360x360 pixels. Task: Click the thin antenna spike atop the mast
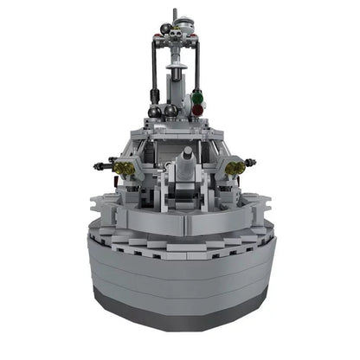point(176,13)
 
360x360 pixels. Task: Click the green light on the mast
point(197,97)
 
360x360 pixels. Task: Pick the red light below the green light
point(197,110)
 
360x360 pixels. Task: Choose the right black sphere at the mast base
point(171,111)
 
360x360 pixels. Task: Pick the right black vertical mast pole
point(201,69)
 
